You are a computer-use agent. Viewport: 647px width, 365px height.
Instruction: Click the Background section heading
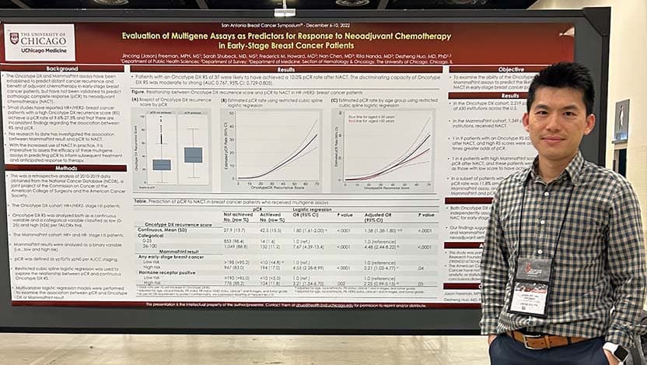pyautogui.click(x=61, y=68)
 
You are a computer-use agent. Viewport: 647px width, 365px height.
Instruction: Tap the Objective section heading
pyautogui.click(x=510, y=69)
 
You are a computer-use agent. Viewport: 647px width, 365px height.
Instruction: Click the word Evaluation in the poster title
pyautogui.click(x=147, y=36)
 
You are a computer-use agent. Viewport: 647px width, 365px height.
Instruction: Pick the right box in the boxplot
pyautogui.click(x=194, y=154)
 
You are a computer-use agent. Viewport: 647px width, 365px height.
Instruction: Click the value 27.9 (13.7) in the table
pyautogui.click(x=234, y=230)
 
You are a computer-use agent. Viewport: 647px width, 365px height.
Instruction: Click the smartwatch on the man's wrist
pyautogui.click(x=619, y=351)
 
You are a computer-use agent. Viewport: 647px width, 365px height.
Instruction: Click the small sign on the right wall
pyautogui.click(x=621, y=121)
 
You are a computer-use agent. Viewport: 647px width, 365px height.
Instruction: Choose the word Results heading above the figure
pyautogui.click(x=286, y=69)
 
